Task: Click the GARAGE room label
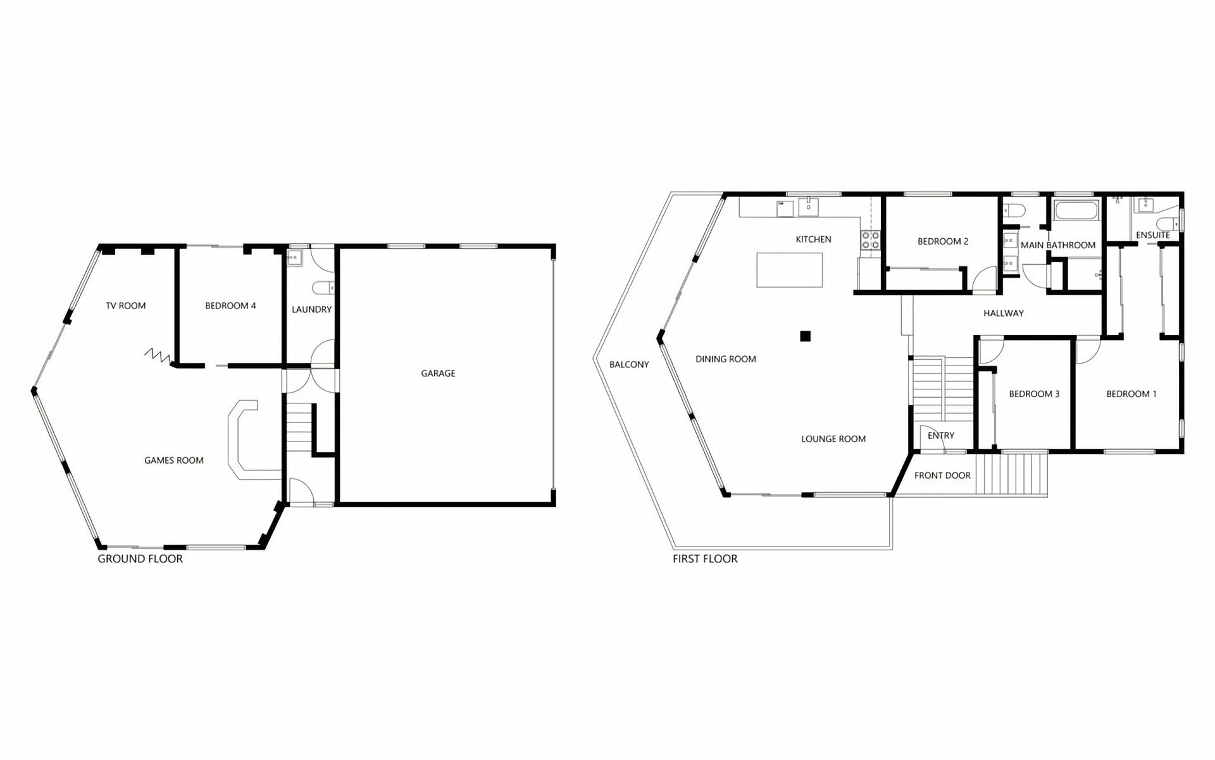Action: click(438, 374)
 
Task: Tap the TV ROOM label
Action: click(125, 306)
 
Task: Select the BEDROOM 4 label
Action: click(230, 306)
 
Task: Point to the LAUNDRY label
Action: click(311, 310)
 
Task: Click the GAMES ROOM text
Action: click(174, 460)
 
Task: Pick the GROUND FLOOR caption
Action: click(140, 559)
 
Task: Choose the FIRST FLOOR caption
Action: click(705, 559)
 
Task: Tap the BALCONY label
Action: click(629, 365)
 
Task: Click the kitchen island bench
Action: click(790, 270)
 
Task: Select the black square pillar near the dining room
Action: click(805, 336)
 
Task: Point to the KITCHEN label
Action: click(813, 239)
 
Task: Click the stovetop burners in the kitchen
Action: click(870, 239)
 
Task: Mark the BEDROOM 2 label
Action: click(943, 241)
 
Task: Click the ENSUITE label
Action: click(1153, 235)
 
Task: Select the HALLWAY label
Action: click(1004, 313)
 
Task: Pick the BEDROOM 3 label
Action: click(1034, 394)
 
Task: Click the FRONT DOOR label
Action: click(942, 476)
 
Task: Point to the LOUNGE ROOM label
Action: click(833, 439)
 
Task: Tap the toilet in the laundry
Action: click(325, 288)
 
